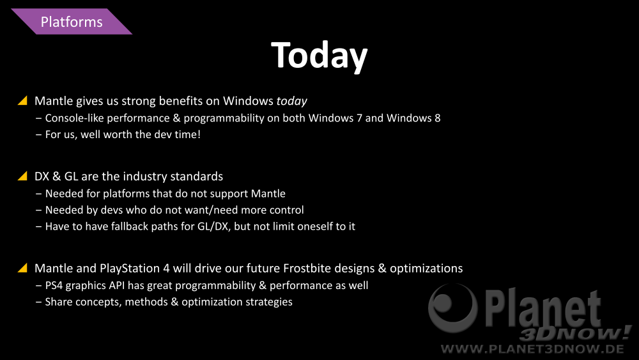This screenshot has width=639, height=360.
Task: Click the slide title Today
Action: click(319, 56)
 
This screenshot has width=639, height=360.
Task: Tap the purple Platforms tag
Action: click(72, 22)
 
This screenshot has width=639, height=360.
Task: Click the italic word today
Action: click(292, 101)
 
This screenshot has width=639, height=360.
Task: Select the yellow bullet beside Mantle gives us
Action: click(23, 100)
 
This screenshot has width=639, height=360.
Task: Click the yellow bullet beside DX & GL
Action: click(23, 176)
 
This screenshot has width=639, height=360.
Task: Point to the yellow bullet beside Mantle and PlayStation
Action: click(23, 267)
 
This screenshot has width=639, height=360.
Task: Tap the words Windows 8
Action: click(413, 118)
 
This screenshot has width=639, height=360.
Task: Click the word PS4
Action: click(54, 285)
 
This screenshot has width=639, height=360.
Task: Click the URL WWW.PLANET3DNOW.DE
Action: click(532, 349)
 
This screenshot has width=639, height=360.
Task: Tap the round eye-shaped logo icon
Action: click(452, 307)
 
